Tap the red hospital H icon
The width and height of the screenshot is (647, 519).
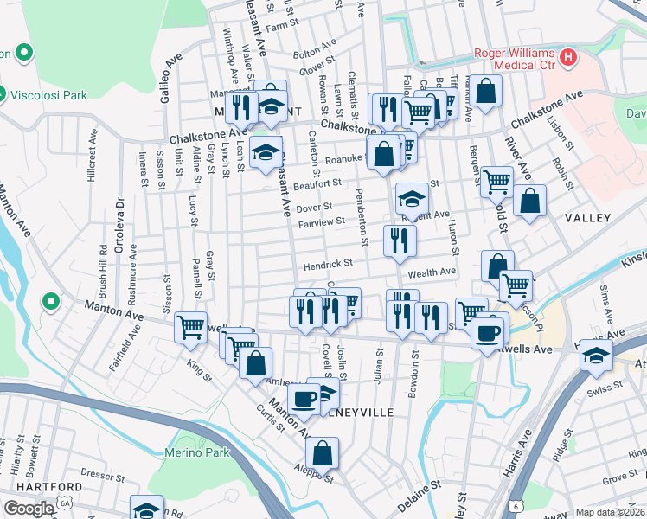click(x=568, y=58)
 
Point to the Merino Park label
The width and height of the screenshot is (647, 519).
click(x=197, y=452)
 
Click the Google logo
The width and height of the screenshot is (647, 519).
click(x=29, y=509)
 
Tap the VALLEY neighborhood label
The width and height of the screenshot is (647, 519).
click(x=588, y=219)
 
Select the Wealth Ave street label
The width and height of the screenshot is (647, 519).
click(x=431, y=272)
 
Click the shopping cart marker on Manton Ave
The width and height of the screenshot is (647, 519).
click(x=190, y=327)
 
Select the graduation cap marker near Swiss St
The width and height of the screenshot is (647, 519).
click(x=596, y=356)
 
